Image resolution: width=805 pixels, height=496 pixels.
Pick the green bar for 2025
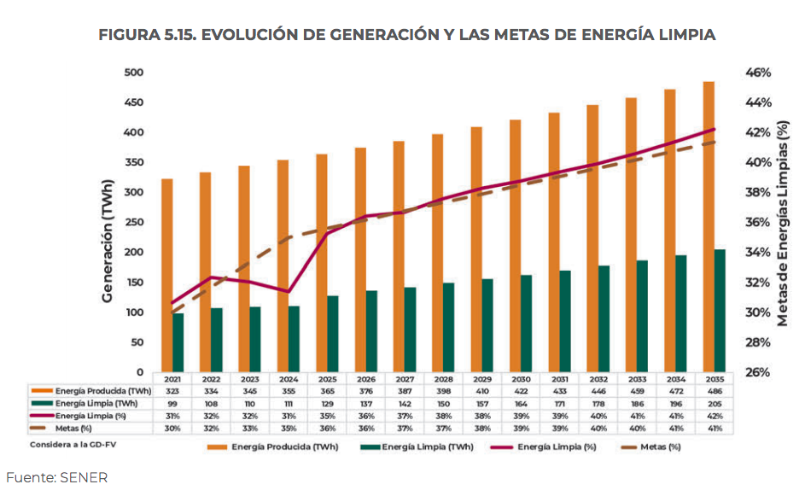333,334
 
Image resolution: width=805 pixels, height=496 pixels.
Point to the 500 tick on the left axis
132,73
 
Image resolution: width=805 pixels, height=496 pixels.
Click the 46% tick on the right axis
756,73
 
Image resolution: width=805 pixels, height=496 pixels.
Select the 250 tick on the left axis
132,222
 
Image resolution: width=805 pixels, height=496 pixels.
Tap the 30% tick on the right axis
756,312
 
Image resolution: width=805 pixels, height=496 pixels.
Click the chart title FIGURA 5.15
406,35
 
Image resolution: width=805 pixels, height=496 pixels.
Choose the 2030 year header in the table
520,378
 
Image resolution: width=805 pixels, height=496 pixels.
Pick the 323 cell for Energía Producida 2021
172,390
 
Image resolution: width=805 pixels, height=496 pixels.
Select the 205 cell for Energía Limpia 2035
714,403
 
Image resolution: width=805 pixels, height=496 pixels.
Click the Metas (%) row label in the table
73,428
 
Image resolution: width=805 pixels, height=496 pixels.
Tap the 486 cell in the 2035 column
714,390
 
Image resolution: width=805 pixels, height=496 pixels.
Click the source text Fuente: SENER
56,477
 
